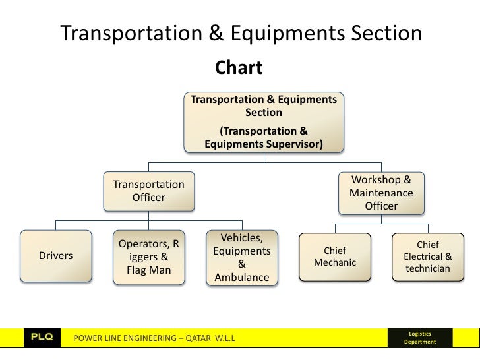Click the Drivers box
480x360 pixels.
(56, 255)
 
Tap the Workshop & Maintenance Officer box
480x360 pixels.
(381, 193)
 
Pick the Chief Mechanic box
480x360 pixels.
(334, 256)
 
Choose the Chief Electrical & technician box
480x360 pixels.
(427, 256)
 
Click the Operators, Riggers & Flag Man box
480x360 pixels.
(149, 257)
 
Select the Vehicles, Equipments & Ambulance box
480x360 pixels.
(241, 258)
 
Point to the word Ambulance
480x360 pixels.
(241, 278)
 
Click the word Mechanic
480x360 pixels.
(334, 263)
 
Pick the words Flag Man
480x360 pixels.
(148, 270)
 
